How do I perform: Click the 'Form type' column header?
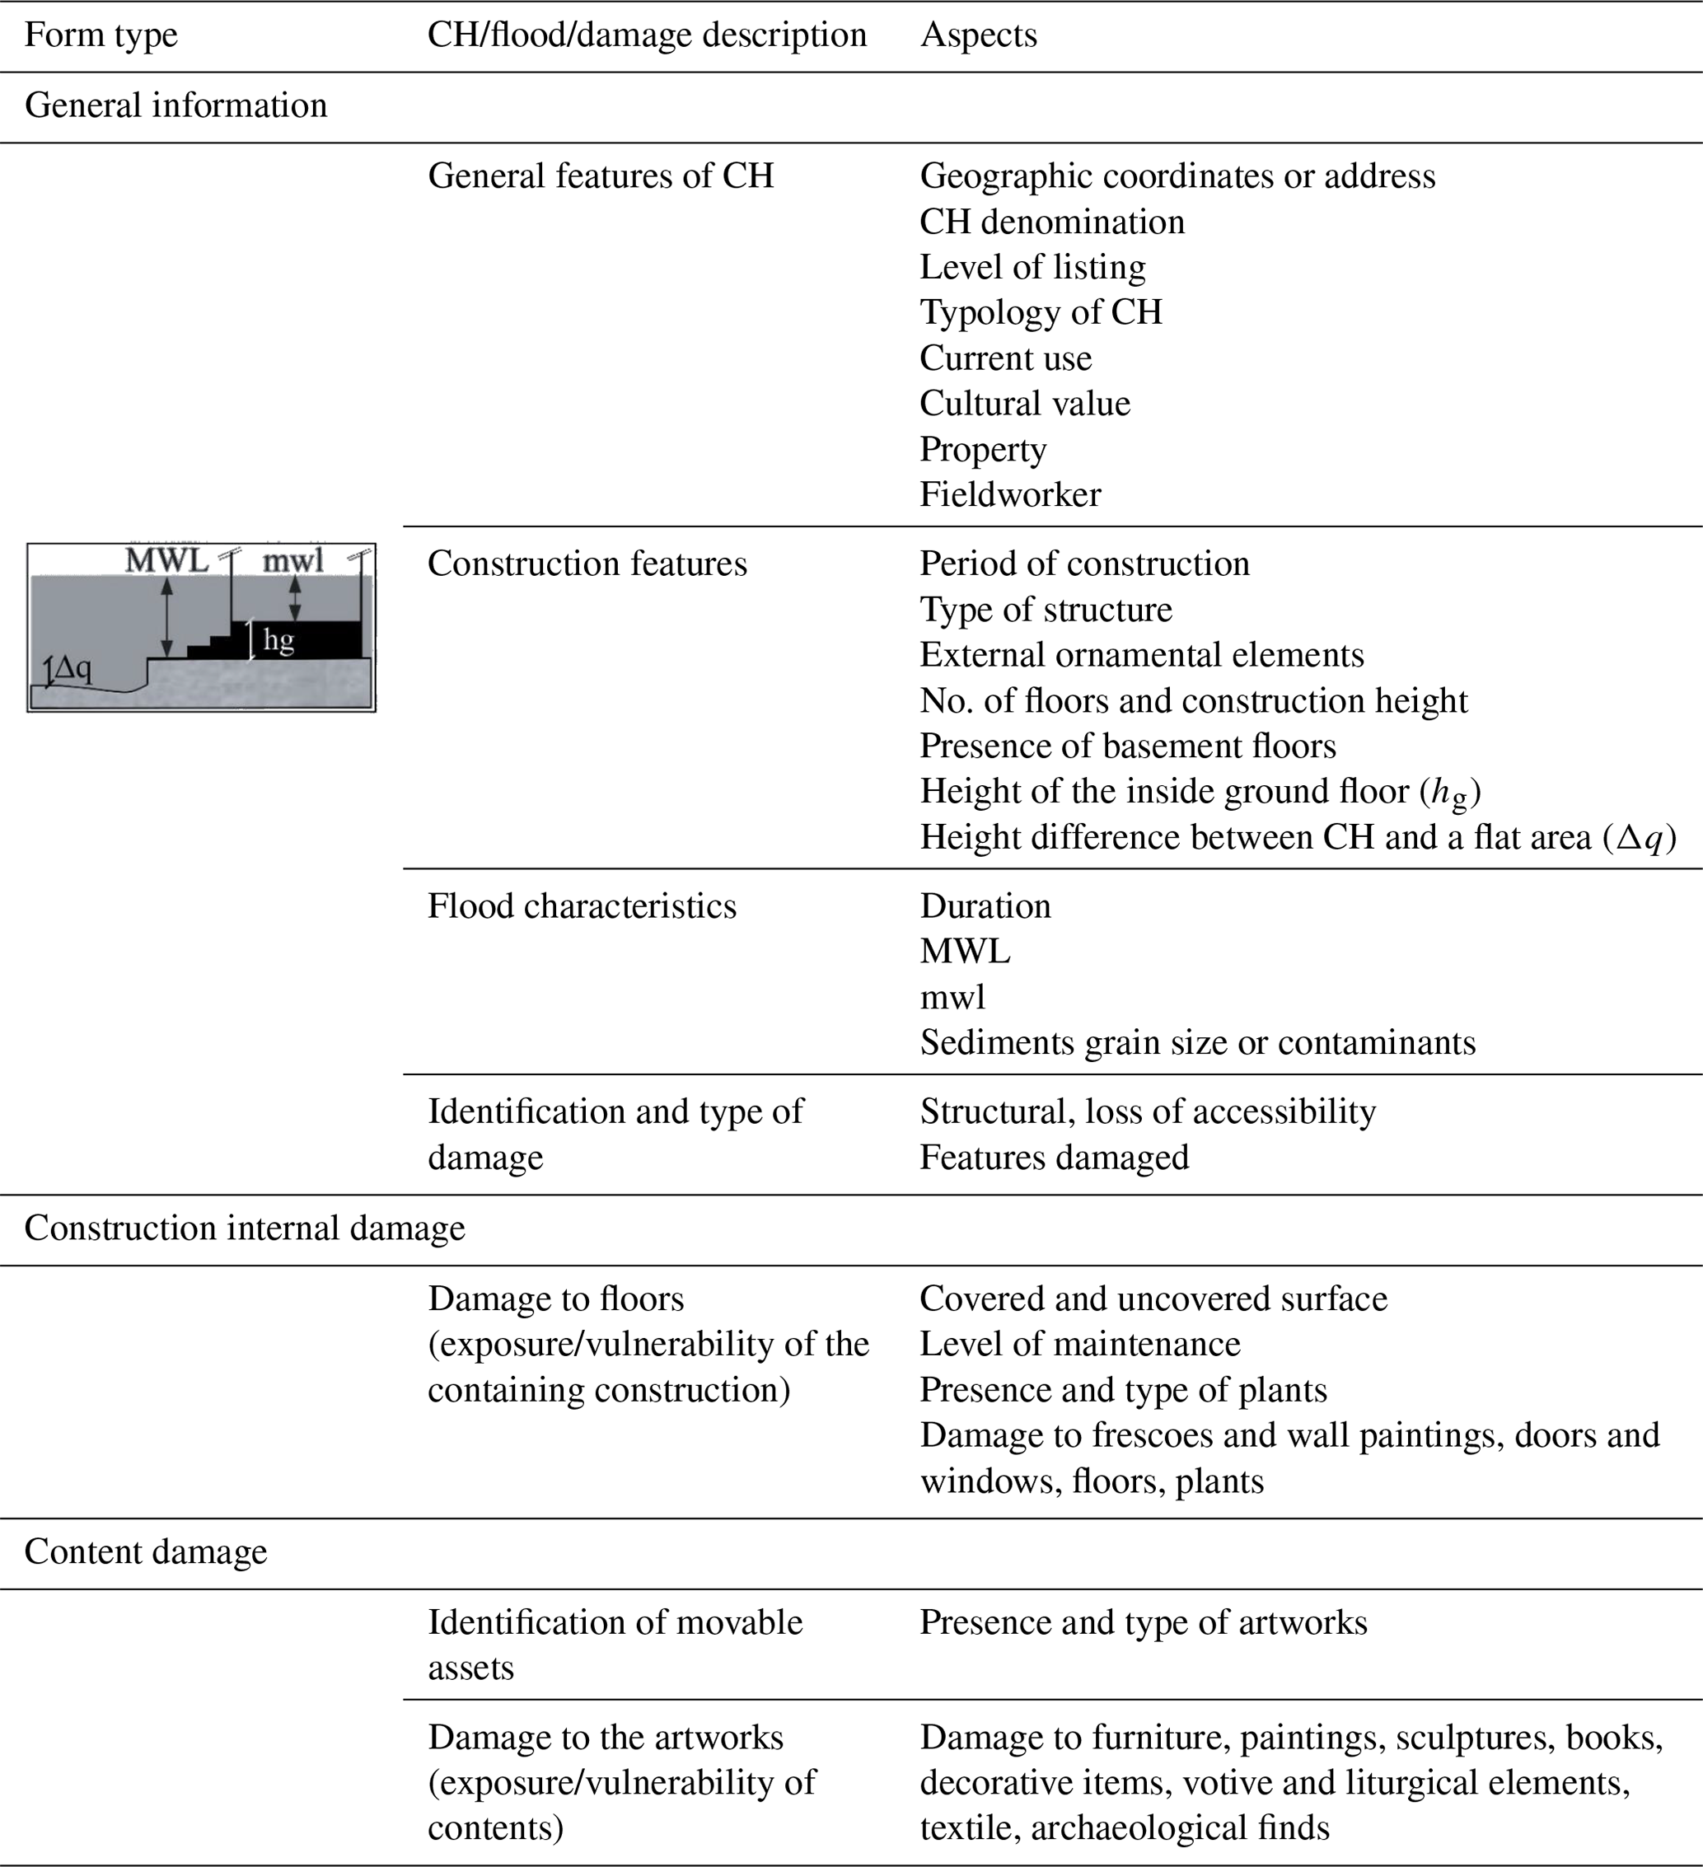click(x=101, y=35)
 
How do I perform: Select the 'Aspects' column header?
click(x=978, y=35)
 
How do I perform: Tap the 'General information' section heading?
click(x=176, y=105)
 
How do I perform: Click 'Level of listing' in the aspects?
click(x=1032, y=267)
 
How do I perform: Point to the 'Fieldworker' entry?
click(x=1010, y=494)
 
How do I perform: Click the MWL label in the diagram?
click(x=166, y=560)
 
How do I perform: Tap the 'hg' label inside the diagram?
click(x=278, y=639)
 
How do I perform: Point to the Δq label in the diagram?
click(x=72, y=667)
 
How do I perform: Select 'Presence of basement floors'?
click(x=1128, y=746)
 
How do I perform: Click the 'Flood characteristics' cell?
click(x=582, y=905)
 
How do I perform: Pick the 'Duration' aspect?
click(x=985, y=905)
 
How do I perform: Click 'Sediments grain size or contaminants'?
click(x=1197, y=1043)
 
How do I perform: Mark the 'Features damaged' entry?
click(x=1054, y=1158)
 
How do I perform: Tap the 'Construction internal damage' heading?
click(x=245, y=1228)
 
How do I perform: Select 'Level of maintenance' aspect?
click(x=1080, y=1344)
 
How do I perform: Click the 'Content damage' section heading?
click(x=145, y=1552)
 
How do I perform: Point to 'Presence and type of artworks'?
click(x=1143, y=1622)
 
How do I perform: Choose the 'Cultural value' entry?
click(x=1024, y=404)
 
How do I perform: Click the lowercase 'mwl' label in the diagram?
click(x=292, y=560)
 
